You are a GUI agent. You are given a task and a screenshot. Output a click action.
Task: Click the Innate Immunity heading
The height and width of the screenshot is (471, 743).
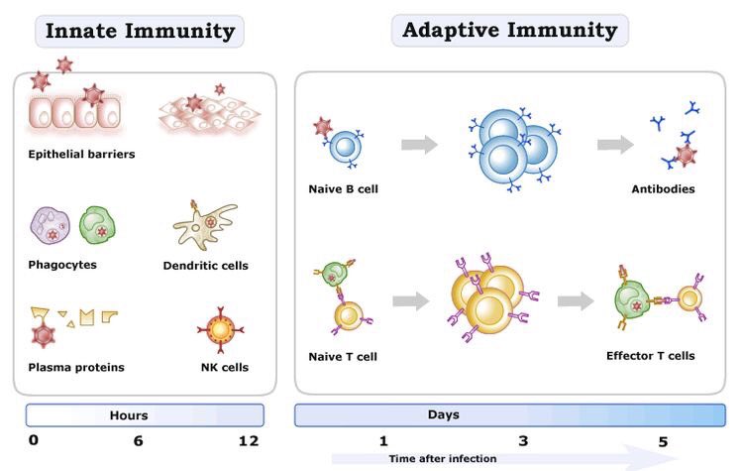tap(140, 31)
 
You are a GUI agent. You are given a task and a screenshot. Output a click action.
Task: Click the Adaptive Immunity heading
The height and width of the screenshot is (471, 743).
tap(509, 30)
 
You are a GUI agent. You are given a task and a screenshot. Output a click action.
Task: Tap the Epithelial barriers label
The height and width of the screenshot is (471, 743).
tap(81, 154)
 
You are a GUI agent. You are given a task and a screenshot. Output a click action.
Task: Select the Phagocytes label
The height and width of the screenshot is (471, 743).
tap(62, 265)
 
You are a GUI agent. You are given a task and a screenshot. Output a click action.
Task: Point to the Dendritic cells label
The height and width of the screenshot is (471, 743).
tap(205, 265)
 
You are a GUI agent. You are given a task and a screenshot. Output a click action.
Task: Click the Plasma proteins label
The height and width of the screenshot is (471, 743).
tap(76, 368)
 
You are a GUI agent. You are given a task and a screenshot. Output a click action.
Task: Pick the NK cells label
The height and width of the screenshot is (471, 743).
tap(224, 368)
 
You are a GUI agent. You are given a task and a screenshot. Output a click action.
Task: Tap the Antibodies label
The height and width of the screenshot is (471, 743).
tap(662, 188)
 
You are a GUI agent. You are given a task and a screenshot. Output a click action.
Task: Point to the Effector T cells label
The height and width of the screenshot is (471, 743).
tap(650, 355)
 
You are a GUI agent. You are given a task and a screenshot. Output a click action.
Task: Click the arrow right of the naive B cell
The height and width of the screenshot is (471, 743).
tap(419, 145)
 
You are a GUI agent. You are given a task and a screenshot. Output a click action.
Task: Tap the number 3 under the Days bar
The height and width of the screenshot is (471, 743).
tap(523, 440)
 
